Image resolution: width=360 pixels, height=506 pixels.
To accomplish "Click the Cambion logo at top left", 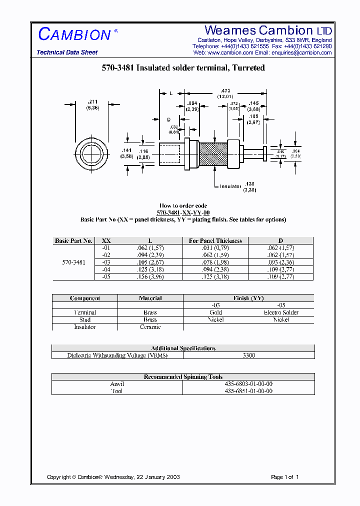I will click(x=75, y=34).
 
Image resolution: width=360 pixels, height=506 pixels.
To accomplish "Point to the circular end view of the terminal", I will click(x=91, y=153).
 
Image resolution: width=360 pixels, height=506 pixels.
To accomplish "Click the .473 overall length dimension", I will click(x=225, y=93).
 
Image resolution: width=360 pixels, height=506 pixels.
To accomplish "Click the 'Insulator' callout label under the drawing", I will click(x=230, y=186).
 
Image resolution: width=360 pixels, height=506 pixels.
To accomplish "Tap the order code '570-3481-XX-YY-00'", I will click(x=183, y=212).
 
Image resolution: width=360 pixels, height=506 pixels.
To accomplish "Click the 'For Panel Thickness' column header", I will click(x=215, y=240).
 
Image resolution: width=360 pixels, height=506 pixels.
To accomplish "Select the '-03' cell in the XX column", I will click(x=106, y=262).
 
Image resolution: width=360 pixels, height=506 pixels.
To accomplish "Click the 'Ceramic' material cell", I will click(x=150, y=326).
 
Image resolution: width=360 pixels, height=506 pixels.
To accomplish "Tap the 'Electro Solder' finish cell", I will click(x=281, y=312).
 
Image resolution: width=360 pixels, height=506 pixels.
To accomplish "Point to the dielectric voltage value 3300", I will click(x=248, y=355).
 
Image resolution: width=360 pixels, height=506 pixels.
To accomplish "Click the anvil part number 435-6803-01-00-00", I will click(x=248, y=384).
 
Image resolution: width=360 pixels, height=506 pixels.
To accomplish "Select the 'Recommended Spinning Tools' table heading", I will click(x=183, y=377).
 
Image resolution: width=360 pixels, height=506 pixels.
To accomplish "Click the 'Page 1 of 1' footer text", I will click(x=284, y=477).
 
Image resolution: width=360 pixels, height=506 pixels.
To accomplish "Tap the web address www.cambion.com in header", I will click(x=230, y=52).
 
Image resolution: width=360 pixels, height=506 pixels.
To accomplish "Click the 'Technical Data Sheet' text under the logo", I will click(x=67, y=52).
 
